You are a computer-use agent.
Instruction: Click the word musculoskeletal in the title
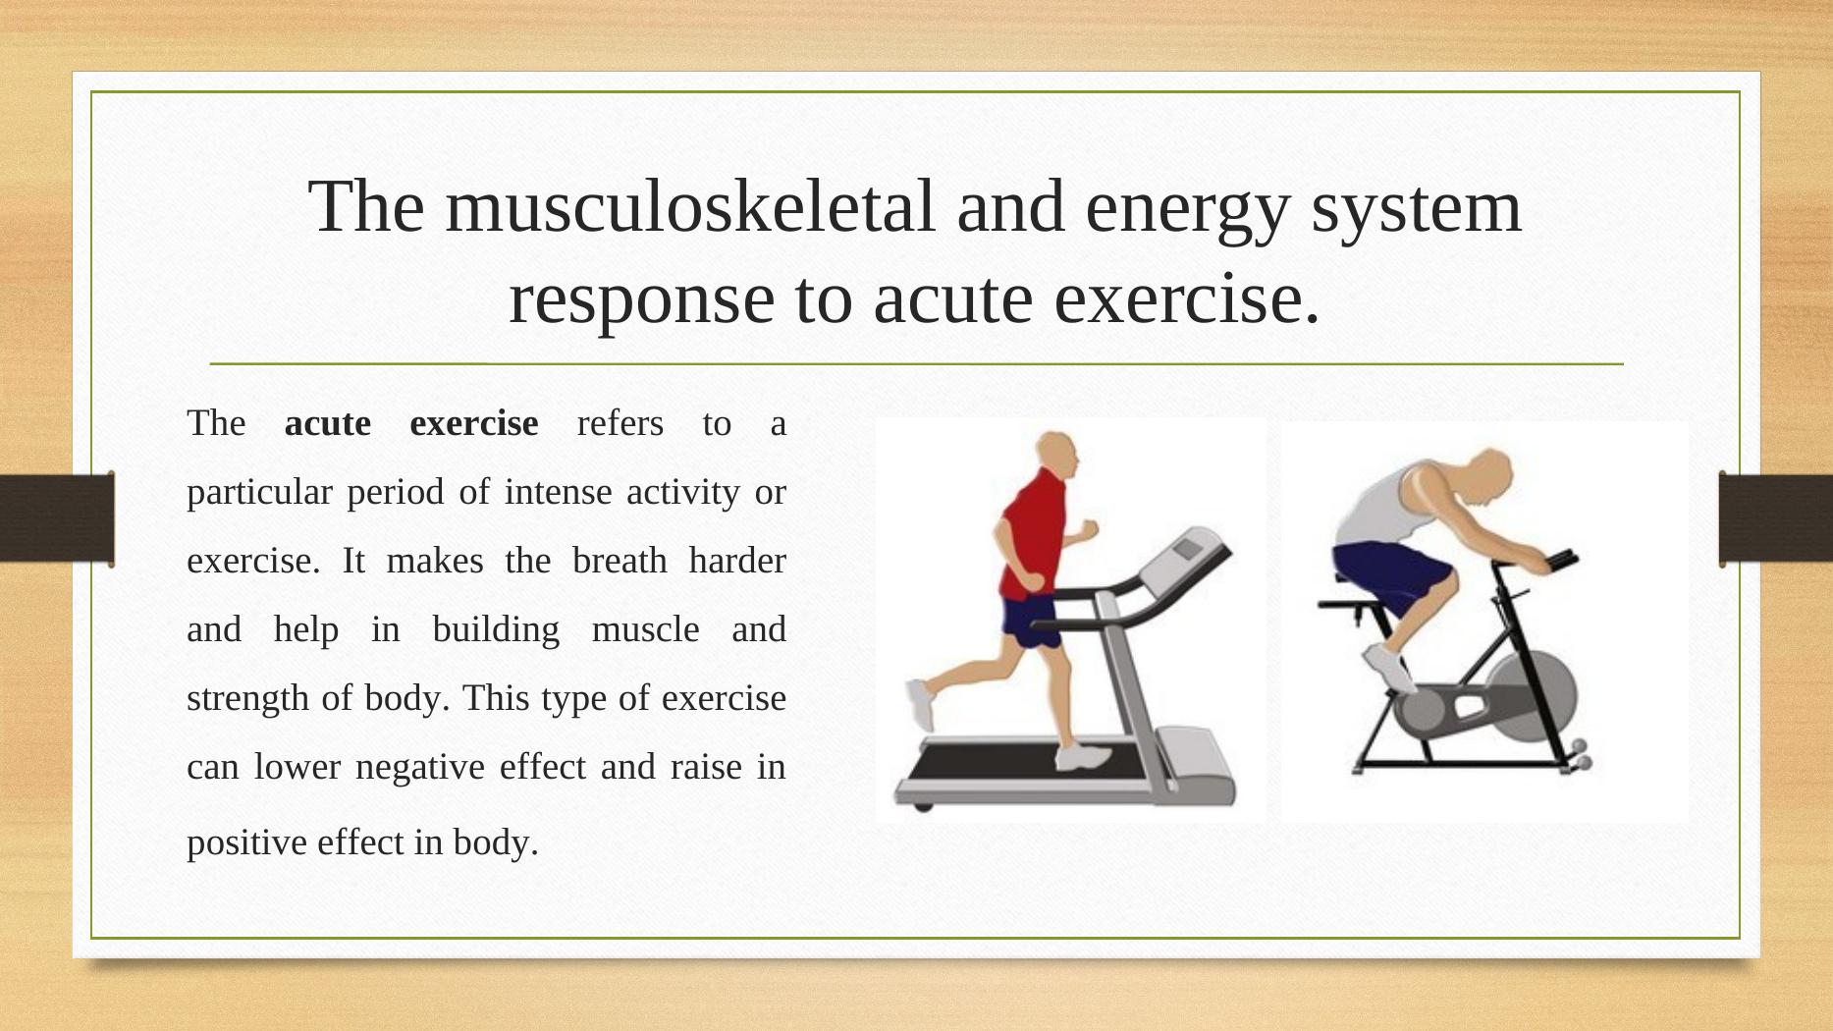point(691,207)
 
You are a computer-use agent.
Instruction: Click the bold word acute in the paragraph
point(327,423)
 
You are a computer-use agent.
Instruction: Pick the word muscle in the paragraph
point(645,628)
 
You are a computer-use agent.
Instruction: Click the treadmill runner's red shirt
point(1034,535)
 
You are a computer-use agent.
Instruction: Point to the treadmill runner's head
point(1058,458)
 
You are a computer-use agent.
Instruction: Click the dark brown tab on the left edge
point(57,518)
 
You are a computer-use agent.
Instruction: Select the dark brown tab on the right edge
point(1775,518)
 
